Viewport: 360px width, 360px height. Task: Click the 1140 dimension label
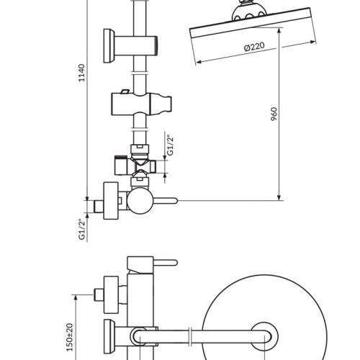coord(82,73)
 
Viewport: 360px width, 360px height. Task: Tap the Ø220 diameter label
coord(254,47)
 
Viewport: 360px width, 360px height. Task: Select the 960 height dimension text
coord(274,114)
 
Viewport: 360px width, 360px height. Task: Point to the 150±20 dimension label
coord(70,337)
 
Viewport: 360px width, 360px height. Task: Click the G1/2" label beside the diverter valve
coord(170,146)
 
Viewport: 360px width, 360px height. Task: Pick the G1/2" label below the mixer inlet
coord(82,230)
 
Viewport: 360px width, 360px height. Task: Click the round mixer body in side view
coord(140,201)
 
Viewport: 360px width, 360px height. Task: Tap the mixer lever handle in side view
coord(165,201)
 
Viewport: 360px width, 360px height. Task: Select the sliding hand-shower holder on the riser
coord(141,104)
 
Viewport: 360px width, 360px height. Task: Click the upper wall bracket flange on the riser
coord(109,46)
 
